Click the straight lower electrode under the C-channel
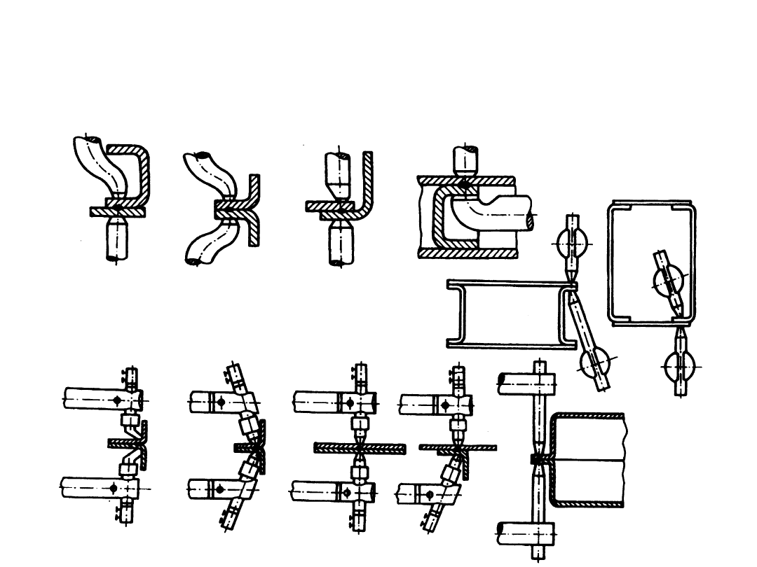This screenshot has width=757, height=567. (x=118, y=238)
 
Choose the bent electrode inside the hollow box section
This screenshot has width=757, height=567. (x=491, y=214)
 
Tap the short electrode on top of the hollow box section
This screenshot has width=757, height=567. (x=465, y=161)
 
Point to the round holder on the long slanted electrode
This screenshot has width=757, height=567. (x=594, y=364)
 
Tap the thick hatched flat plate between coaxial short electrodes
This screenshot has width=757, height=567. (x=360, y=449)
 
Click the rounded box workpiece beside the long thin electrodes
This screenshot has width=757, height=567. (x=589, y=458)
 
